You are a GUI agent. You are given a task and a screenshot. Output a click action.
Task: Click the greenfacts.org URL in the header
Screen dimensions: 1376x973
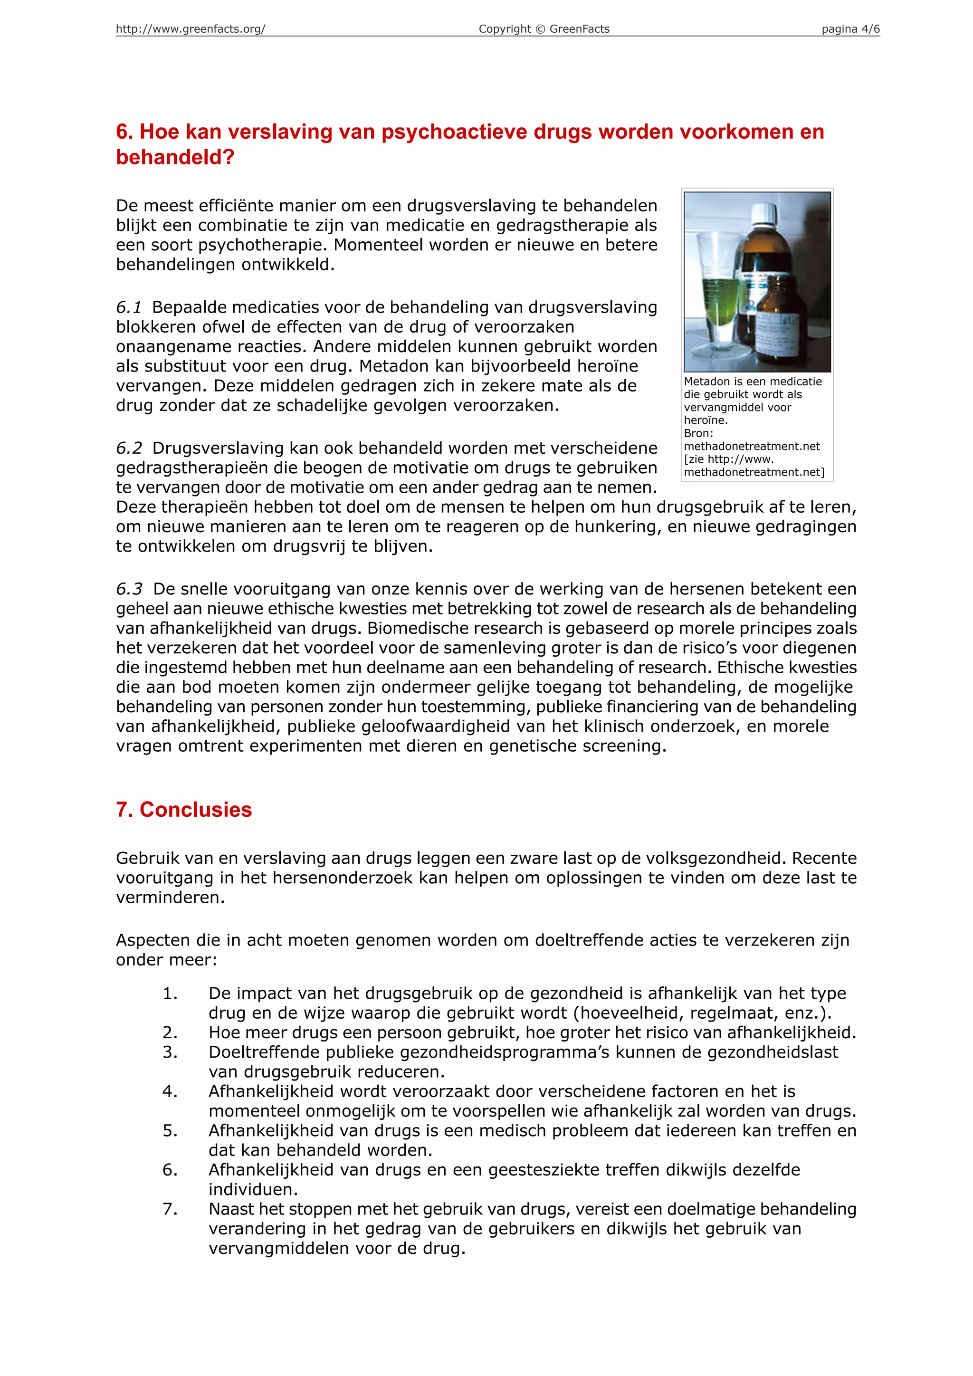[x=191, y=29]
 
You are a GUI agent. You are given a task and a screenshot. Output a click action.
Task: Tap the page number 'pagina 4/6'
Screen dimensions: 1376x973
[x=850, y=29]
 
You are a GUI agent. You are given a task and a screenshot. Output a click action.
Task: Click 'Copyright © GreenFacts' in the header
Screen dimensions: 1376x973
[x=544, y=29]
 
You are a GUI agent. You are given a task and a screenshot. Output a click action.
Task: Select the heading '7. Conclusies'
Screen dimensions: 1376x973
[x=184, y=809]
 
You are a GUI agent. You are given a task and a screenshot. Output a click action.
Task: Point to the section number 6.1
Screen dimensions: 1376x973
[x=129, y=307]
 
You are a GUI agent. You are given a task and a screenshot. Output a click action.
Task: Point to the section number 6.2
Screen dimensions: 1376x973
[x=129, y=448]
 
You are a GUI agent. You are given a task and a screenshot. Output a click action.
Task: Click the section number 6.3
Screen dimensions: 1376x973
[x=129, y=589]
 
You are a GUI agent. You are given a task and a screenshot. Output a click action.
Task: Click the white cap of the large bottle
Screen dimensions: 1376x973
[x=764, y=213]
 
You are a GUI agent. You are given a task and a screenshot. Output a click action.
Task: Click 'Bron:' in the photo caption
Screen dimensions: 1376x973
[x=698, y=433]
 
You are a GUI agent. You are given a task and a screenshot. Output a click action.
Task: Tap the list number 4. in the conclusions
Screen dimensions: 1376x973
[x=170, y=1091]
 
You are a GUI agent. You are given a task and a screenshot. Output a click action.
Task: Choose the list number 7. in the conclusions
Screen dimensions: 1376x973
[x=170, y=1209]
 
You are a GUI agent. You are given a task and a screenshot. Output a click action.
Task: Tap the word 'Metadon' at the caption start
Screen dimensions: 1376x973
[x=707, y=382]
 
